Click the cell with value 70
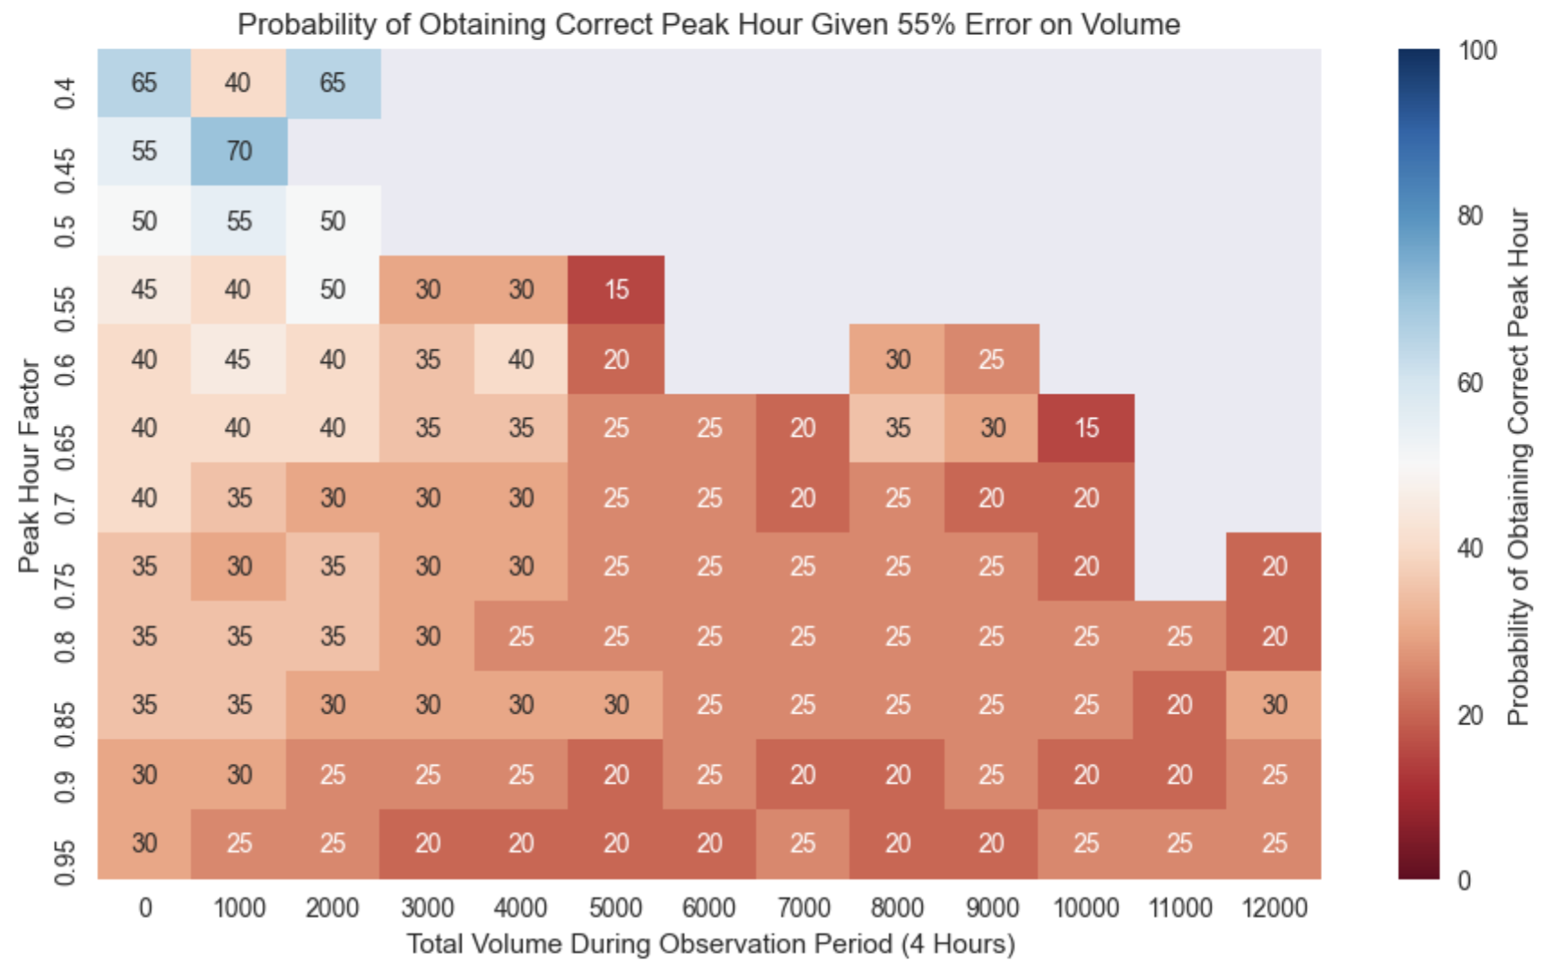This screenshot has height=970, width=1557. point(239,152)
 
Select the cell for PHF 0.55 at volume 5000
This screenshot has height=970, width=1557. point(616,290)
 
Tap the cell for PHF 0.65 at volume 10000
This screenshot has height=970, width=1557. point(1086,429)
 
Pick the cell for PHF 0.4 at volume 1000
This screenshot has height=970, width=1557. point(239,82)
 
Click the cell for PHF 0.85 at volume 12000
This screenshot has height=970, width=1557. point(1274,705)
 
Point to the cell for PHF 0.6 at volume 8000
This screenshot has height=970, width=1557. point(898,359)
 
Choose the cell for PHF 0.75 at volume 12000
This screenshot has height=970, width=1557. point(1274,567)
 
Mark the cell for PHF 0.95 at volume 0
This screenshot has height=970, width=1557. point(144,844)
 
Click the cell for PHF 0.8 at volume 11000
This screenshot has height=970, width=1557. point(1180,637)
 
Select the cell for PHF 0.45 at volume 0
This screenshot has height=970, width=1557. point(144,152)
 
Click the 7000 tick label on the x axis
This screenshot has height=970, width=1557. point(804,908)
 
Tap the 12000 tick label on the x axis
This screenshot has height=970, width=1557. point(1274,908)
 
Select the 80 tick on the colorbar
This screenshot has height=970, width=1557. point(1470,216)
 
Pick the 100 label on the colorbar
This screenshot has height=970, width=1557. point(1477,51)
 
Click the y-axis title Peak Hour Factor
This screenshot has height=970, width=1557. point(30,466)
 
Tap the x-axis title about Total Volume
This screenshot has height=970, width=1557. point(710,944)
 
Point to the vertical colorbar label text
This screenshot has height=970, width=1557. point(1518,466)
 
